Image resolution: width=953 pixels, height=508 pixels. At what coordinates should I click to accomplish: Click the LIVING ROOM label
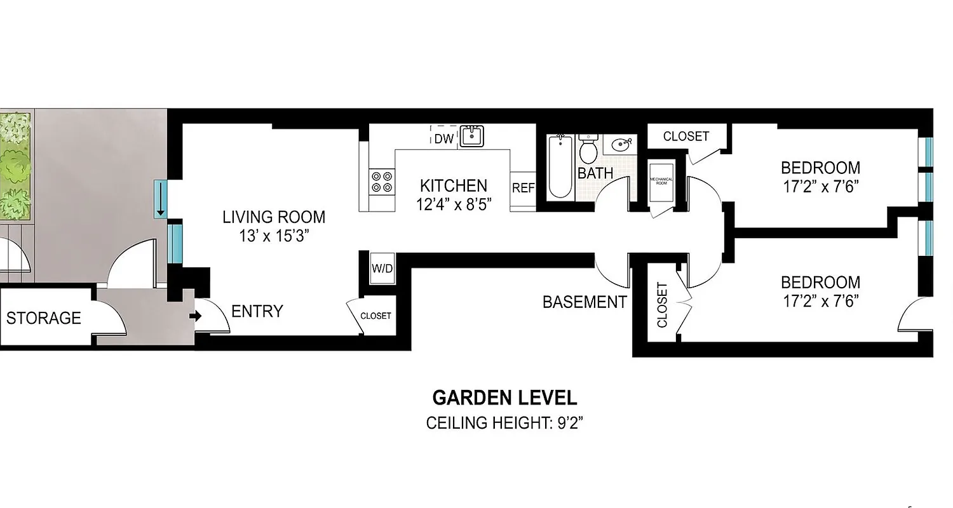pos(273,217)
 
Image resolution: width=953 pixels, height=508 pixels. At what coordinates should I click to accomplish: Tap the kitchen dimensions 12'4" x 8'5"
pos(454,204)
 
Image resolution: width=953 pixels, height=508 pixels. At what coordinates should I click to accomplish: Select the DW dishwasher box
pos(444,139)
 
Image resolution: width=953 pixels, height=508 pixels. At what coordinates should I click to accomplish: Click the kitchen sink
pos(471,137)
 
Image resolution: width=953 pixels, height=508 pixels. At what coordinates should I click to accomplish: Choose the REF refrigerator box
pos(523,189)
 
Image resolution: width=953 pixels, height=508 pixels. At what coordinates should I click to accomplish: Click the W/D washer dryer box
pos(382,269)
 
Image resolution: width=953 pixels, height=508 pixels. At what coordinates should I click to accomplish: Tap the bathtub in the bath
pos(560,166)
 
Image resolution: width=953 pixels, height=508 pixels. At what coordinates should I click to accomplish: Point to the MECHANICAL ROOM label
pos(661,181)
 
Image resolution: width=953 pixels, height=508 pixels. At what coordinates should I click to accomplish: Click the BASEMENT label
pos(584,302)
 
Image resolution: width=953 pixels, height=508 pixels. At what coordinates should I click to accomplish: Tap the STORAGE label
pos(44,317)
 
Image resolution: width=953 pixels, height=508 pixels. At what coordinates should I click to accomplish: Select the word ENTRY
pos(257,311)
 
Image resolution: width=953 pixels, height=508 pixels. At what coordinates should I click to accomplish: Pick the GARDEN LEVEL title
pos(504,398)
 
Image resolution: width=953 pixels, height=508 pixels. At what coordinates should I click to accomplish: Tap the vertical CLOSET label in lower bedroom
pos(662,305)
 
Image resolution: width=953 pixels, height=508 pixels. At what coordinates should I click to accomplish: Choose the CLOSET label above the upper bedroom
pos(686,137)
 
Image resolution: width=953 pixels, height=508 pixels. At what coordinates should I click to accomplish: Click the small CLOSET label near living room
pos(375,316)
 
